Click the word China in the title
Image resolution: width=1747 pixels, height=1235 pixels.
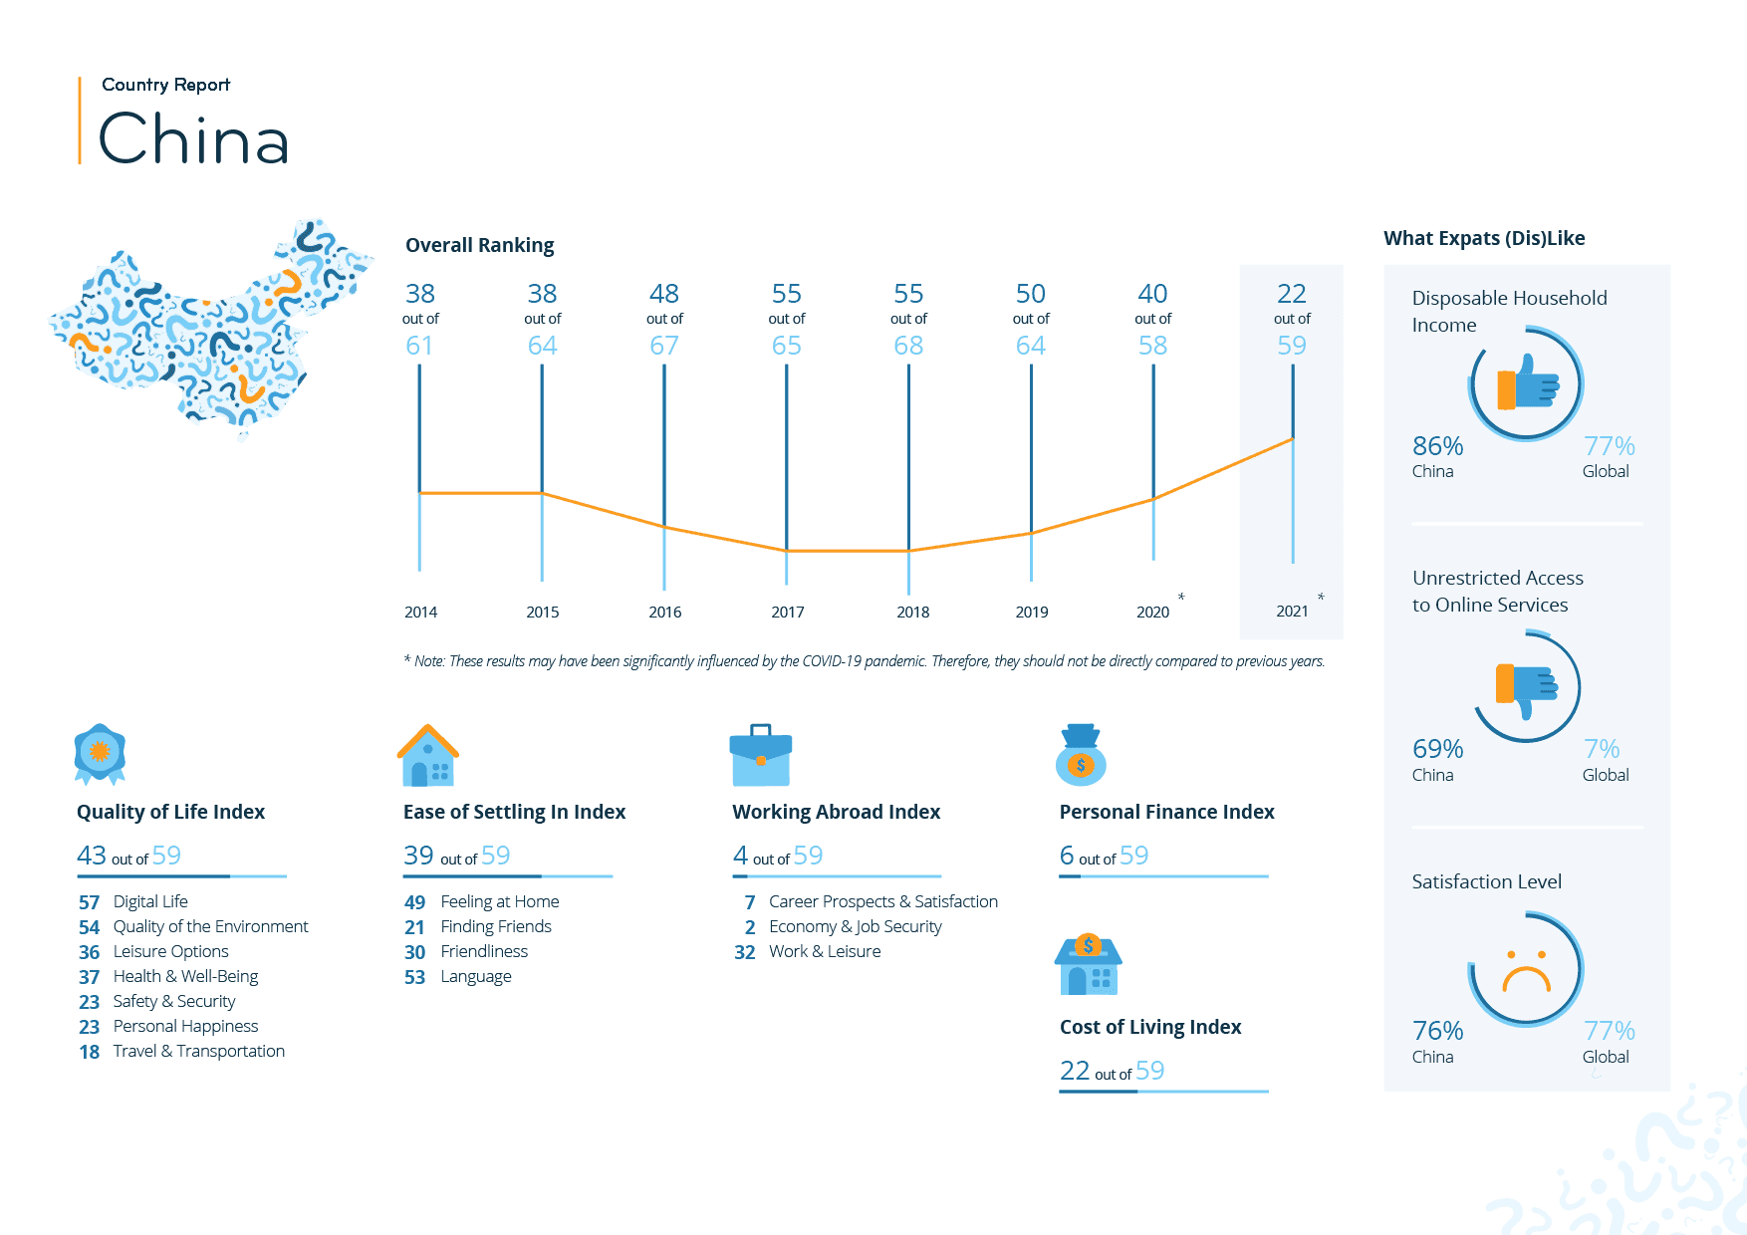coord(194,138)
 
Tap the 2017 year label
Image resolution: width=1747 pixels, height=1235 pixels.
coord(787,612)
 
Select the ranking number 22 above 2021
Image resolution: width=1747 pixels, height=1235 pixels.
coord(1291,294)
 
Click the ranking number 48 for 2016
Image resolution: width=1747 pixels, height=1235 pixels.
coord(663,294)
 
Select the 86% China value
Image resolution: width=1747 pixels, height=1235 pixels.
coord(1437,446)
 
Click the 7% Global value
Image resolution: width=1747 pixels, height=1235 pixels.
coord(1602,749)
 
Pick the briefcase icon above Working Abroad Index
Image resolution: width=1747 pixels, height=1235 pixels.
coord(760,756)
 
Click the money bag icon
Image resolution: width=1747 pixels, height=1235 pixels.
coord(1081,755)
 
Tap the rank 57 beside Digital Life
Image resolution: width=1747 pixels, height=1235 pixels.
coord(90,902)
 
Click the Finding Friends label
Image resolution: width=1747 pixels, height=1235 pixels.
coord(496,926)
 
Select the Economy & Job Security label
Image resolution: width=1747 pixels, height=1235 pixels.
coord(855,926)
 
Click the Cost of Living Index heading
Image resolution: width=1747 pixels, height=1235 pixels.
coord(1150,1027)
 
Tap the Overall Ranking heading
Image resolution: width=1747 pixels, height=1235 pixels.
coord(479,245)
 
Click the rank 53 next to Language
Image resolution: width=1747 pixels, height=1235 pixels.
coord(414,977)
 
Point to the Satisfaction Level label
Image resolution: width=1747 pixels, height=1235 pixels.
coord(1486,881)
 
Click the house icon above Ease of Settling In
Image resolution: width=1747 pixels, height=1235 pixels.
coord(428,756)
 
